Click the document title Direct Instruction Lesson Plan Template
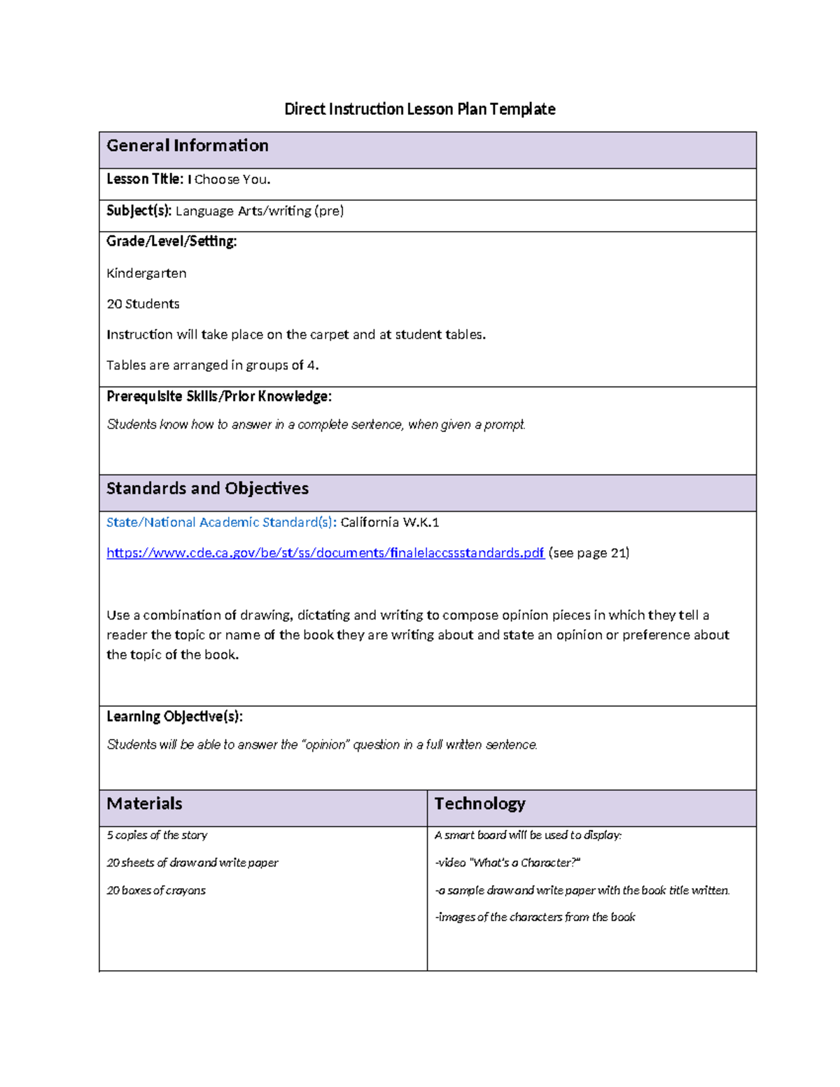pos(419,109)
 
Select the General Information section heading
pos(187,146)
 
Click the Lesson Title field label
pos(144,179)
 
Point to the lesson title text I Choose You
pos(229,180)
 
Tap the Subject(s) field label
pos(139,211)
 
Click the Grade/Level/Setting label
pos(171,241)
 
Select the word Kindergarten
pos(146,273)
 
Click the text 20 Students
pos(143,304)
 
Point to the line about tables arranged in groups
pos(212,365)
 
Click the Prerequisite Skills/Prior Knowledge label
pos(218,397)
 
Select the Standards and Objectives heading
pos(207,489)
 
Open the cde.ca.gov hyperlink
pos(325,553)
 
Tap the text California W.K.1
pos(390,522)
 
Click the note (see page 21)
pos(589,553)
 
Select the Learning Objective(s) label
pos(174,717)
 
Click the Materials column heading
pos(144,804)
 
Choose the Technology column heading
pos(479,804)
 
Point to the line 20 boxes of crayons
pos(156,890)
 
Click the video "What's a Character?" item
pos(507,863)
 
